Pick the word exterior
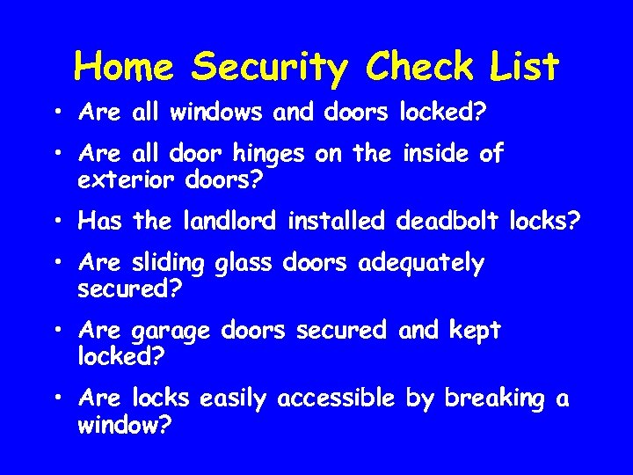pos(127,181)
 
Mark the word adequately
pos(421,264)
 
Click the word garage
pos(171,332)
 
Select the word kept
pos(474,332)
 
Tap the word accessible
pos(336,399)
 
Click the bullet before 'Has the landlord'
pos(56,221)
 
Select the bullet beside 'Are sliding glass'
pos(56,264)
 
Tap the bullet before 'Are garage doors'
pos(56,332)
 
